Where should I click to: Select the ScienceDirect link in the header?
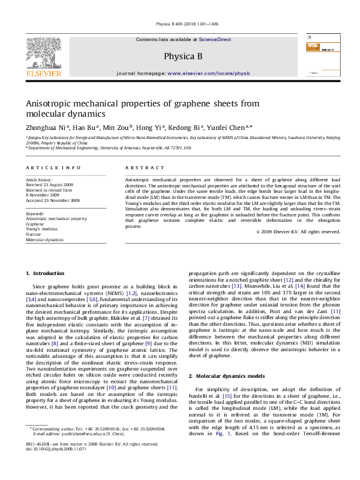coord(215,39)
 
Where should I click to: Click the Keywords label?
coord(35,213)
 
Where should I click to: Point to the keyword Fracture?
coord(34,234)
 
